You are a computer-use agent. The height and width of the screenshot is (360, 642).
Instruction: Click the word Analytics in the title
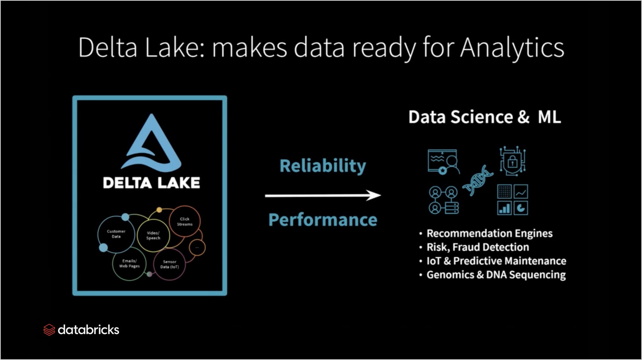click(x=512, y=48)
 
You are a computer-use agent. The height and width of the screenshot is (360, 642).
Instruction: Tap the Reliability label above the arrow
click(x=323, y=166)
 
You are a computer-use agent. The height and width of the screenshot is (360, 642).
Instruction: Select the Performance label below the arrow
click(x=323, y=220)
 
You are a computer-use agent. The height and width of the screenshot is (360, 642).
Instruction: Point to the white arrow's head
click(x=374, y=195)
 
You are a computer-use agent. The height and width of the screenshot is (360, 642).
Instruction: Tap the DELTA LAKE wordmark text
click(x=151, y=183)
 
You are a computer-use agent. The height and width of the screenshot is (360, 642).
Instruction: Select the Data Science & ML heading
click(x=485, y=117)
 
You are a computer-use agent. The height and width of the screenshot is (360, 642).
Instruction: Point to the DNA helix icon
click(x=478, y=180)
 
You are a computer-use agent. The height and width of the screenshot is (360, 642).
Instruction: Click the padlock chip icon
click(x=513, y=161)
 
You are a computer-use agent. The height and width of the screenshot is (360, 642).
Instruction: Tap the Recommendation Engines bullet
click(x=489, y=233)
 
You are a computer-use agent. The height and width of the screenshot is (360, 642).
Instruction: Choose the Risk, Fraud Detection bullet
click(x=478, y=247)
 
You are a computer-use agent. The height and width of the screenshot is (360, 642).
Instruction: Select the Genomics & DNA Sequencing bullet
click(x=496, y=275)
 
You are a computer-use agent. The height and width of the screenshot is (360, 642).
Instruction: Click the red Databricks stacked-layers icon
click(x=49, y=330)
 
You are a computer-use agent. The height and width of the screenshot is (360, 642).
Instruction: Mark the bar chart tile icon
click(x=504, y=208)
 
